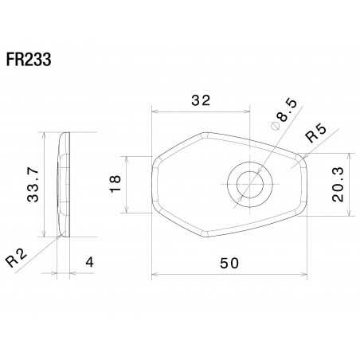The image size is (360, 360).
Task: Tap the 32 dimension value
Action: pyautogui.click(x=201, y=100)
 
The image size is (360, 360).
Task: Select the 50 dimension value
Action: pyautogui.click(x=229, y=265)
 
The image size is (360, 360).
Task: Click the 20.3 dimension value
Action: pyautogui.click(x=341, y=184)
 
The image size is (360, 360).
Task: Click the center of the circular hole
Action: pyautogui.click(x=248, y=184)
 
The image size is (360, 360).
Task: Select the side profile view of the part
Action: pyautogui.click(x=63, y=184)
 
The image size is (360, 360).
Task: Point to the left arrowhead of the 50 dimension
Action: pyautogui.click(x=155, y=276)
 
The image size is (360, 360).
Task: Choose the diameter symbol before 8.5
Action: pyautogui.click(x=274, y=125)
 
